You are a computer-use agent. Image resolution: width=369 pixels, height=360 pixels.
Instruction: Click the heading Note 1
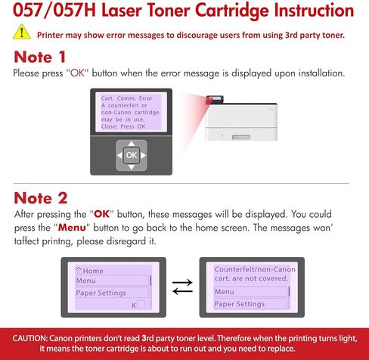[46, 57]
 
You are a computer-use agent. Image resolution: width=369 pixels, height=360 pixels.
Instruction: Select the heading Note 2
[46, 198]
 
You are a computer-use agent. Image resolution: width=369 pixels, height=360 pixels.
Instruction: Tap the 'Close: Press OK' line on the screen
[124, 126]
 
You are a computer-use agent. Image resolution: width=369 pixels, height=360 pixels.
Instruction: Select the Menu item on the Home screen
[86, 281]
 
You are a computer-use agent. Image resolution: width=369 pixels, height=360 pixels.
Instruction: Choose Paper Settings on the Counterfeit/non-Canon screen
[240, 304]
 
